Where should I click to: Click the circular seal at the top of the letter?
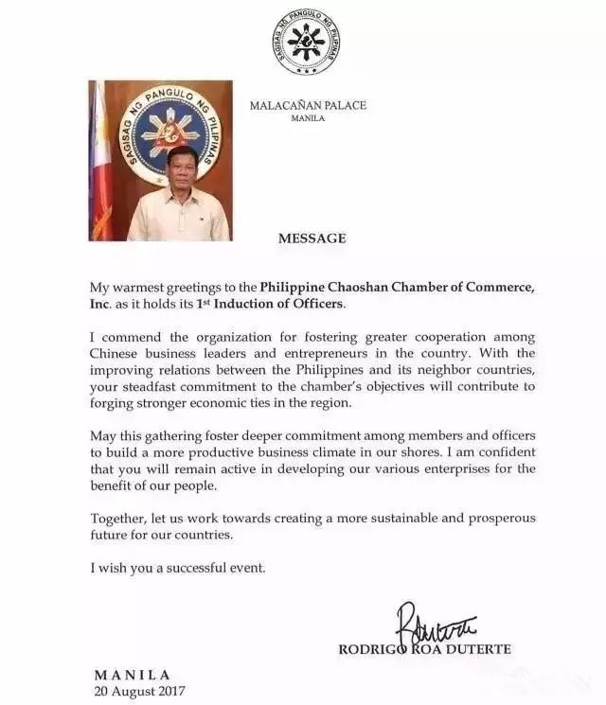(305, 42)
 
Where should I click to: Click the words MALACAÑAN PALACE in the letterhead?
(308, 106)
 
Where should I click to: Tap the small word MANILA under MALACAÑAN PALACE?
(308, 119)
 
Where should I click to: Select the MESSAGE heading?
(312, 238)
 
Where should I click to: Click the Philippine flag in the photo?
(100, 161)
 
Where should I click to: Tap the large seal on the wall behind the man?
(169, 128)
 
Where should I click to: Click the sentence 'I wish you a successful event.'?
(179, 568)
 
